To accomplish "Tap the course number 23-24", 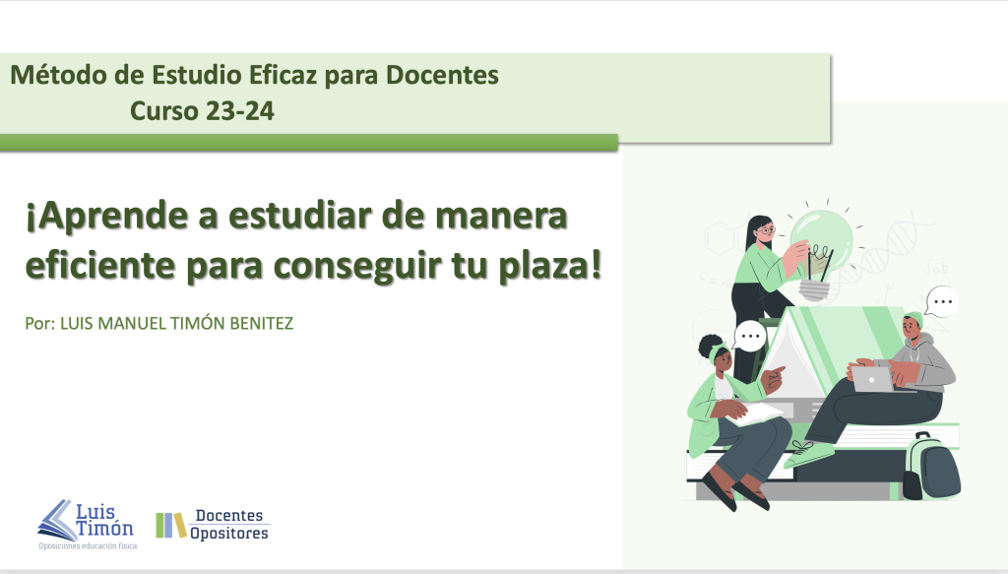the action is coord(240,111).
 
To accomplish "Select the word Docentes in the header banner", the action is coord(442,75).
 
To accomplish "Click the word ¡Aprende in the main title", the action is coord(106,217).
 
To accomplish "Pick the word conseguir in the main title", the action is coord(357,266).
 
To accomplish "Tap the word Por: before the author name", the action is coord(39,323).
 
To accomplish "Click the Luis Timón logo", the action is coord(87,525).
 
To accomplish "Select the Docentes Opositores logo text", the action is coord(229,525).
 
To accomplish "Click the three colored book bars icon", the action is coord(171,525).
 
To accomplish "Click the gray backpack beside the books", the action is coord(931,467).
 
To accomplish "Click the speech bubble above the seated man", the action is coord(942,301).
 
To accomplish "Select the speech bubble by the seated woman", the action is coord(750,336).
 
